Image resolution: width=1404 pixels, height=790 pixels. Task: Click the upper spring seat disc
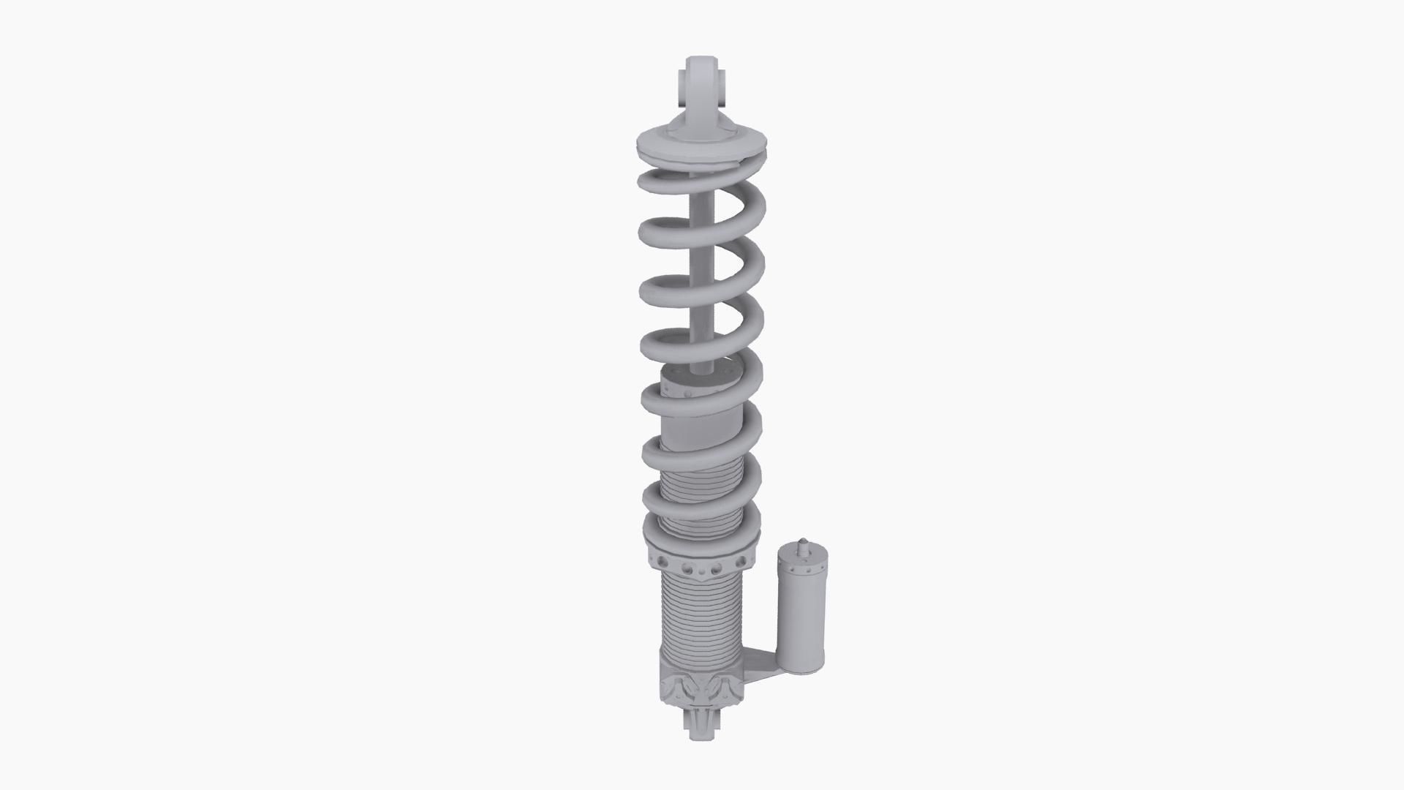point(702,146)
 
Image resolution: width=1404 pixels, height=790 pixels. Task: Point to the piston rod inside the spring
point(701,293)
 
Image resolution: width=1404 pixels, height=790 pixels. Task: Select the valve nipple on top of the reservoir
point(802,544)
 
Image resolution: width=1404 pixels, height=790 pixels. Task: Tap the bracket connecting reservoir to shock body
point(760,662)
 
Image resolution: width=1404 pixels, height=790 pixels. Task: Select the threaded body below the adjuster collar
point(702,614)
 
